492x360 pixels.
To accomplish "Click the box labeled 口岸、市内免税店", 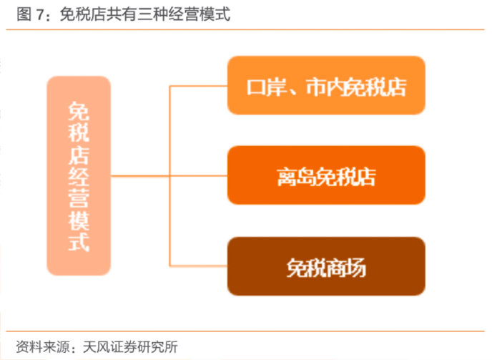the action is pos(326,85).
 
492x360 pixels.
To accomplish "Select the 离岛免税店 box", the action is pos(326,175).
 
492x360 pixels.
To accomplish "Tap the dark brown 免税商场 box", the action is pos(326,266).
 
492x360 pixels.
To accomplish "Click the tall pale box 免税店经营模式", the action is pos(79,176).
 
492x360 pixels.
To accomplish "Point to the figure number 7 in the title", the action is pos(40,14).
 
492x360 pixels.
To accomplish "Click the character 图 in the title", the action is pos(24,14).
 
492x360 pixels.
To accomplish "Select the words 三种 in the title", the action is pos(153,14).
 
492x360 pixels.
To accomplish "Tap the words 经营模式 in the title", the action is pos(200,14).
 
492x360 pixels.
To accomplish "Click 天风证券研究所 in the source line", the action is pos(130,347).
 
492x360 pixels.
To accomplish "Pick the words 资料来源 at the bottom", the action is pos(43,347).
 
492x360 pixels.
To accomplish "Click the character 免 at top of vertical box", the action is pos(79,111).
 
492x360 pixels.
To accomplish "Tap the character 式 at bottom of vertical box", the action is pos(79,242).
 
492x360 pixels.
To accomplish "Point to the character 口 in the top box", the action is pos(257,87).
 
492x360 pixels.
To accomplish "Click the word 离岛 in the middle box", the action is pos(296,177).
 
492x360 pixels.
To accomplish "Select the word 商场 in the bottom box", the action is pos(346,268).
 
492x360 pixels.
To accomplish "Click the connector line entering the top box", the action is pos(198,86).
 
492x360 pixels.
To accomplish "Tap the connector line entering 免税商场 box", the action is pos(198,266).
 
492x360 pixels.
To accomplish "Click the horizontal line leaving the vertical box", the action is pos(169,176).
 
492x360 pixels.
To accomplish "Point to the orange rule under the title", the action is pos(245,30).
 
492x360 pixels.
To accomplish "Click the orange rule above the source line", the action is pos(245,331).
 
